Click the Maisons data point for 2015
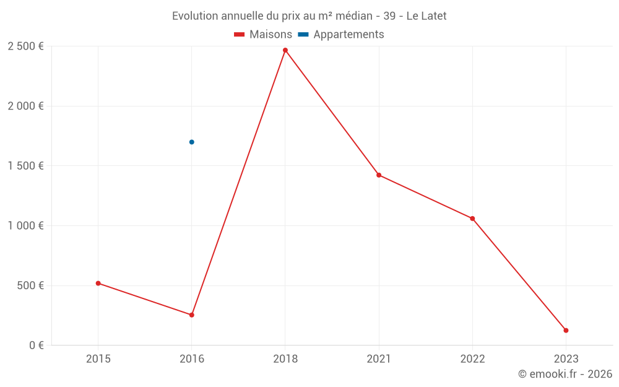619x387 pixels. tap(98, 283)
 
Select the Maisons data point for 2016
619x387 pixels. tap(192, 315)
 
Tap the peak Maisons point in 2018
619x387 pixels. tap(285, 50)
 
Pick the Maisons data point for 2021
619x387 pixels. tap(379, 175)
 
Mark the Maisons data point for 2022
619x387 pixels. tap(472, 219)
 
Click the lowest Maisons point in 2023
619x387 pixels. tap(566, 330)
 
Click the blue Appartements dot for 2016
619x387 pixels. tap(192, 142)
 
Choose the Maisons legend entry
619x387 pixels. tap(263, 35)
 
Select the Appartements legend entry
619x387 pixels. tap(342, 35)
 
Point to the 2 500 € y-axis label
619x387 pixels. tap(26, 46)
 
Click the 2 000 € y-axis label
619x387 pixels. tap(26, 106)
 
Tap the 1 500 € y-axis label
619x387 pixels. tap(26, 166)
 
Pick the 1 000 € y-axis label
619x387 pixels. tap(26, 225)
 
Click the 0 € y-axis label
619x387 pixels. tap(37, 345)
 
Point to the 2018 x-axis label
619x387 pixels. tap(285, 359)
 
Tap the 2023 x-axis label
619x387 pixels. tap(566, 359)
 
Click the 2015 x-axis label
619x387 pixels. tap(98, 359)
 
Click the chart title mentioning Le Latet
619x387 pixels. tap(309, 16)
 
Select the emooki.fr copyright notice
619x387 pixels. tap(565, 374)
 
